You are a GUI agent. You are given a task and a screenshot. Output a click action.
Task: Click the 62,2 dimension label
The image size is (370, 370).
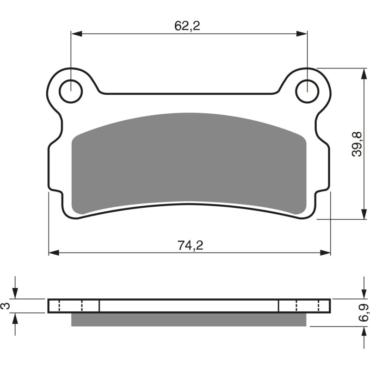[x=187, y=26]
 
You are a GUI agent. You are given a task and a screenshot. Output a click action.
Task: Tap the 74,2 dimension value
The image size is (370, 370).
[x=190, y=246]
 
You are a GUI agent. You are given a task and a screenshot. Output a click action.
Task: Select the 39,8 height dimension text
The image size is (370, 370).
[x=357, y=144]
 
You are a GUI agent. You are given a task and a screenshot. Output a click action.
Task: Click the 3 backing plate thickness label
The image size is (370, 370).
[x=6, y=306]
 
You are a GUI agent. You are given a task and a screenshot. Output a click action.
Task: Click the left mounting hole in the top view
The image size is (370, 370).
[x=71, y=91]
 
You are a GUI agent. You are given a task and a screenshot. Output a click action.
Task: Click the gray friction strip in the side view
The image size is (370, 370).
[x=189, y=320]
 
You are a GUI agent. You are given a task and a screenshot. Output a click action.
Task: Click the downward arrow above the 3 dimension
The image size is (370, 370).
[x=16, y=294]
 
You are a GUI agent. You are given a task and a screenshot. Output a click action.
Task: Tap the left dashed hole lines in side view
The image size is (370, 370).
[x=71, y=306]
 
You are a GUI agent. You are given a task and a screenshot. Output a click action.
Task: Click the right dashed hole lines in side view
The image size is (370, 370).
[x=308, y=306]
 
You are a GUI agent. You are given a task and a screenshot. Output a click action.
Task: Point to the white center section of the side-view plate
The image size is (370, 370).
[x=189, y=306]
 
